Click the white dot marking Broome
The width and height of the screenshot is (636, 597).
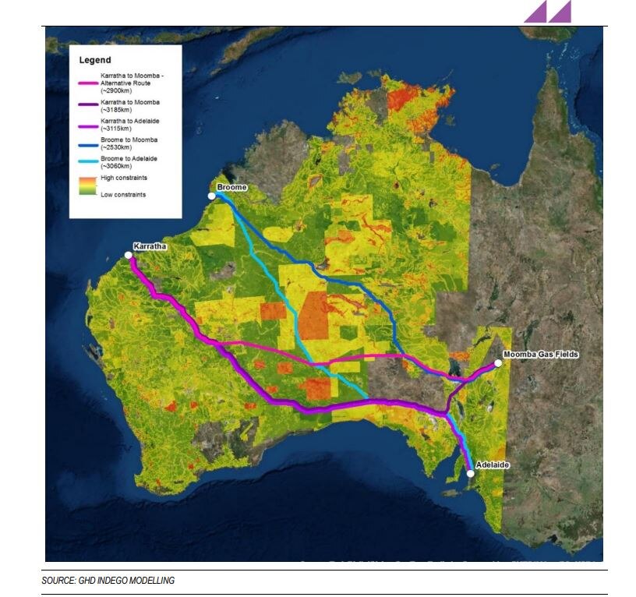point(211,196)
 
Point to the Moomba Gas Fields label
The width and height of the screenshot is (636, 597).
point(541,355)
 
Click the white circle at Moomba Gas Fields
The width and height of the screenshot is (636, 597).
point(498,363)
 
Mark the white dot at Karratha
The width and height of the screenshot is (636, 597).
point(129,255)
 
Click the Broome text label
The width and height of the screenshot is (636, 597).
point(231,188)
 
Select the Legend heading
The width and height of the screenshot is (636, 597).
point(95,60)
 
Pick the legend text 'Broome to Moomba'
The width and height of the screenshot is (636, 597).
point(129,140)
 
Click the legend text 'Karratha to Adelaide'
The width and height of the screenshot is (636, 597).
point(132,121)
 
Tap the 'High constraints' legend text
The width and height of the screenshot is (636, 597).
point(124,178)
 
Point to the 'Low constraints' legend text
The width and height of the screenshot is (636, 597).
point(123,194)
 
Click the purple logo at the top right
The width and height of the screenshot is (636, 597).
point(547,11)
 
